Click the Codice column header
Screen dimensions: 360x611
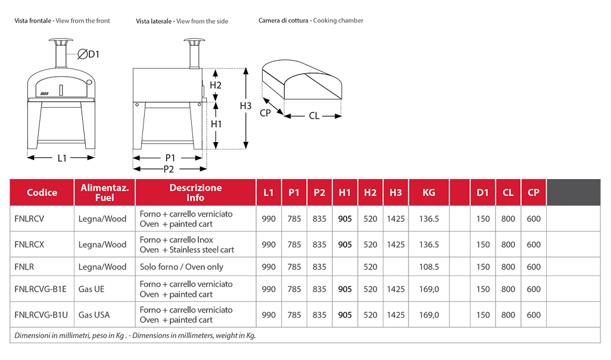click(x=42, y=192)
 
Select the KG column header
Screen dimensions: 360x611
click(x=428, y=192)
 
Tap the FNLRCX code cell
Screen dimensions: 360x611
click(x=29, y=245)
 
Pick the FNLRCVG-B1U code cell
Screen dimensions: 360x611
click(x=40, y=315)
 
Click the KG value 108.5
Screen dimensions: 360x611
click(x=429, y=267)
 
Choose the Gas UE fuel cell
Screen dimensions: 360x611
click(x=91, y=289)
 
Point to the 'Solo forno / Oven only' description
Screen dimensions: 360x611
click(x=182, y=267)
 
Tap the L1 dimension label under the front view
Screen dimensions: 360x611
click(x=62, y=158)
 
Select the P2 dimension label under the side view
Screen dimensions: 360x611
click(x=169, y=169)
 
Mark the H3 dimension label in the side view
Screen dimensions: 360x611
click(x=246, y=105)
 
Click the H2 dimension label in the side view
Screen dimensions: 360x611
click(x=216, y=85)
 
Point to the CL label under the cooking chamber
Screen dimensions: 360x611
click(x=314, y=116)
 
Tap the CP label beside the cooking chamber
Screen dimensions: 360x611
click(x=266, y=112)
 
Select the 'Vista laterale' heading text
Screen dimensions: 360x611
click(x=154, y=21)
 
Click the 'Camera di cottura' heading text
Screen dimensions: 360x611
click(x=283, y=20)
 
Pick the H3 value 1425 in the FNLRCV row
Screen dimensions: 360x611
click(x=395, y=219)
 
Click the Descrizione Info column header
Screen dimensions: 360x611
click(x=195, y=192)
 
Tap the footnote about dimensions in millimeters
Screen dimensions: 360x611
click(x=135, y=336)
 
